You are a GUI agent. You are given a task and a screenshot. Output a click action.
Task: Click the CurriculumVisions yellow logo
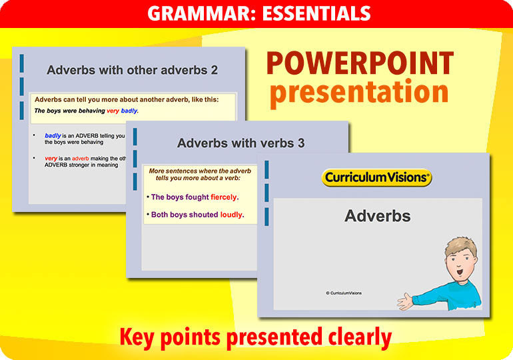(376, 177)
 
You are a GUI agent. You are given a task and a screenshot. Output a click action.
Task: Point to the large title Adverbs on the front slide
(377, 215)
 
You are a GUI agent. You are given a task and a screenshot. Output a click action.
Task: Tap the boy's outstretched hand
(406, 301)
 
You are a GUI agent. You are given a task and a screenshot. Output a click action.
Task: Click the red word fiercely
(224, 197)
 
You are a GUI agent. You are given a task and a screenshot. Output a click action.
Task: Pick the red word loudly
(232, 215)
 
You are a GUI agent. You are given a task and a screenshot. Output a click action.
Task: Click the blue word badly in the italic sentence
(129, 111)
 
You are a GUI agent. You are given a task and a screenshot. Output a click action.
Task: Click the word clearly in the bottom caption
(354, 337)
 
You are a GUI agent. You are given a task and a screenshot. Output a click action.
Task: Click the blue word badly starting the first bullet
(53, 135)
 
